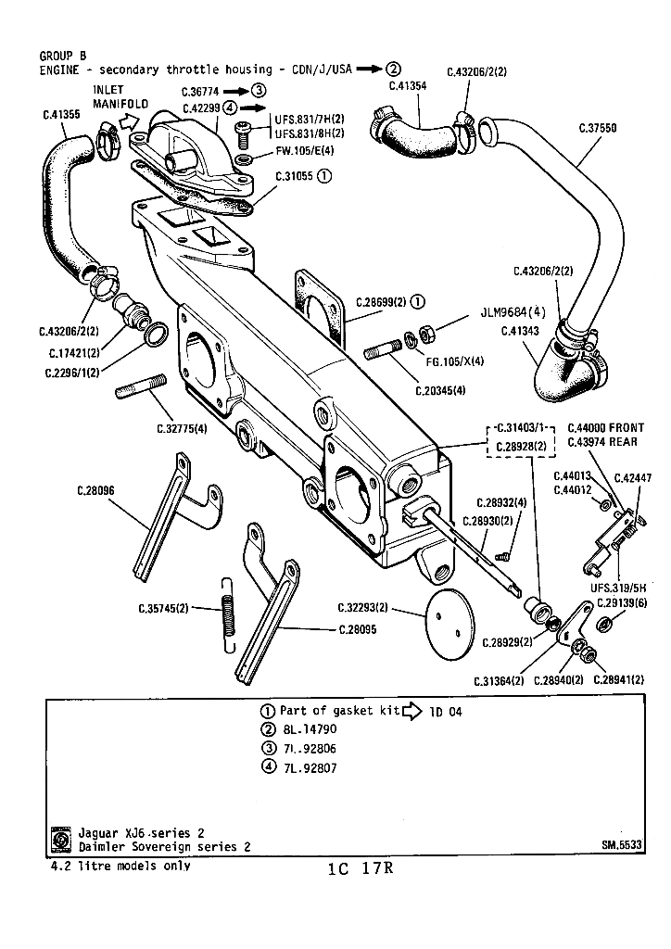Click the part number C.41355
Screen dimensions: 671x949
point(61,114)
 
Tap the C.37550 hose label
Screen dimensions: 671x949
point(598,128)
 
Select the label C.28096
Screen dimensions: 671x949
point(95,491)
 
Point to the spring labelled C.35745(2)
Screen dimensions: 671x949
point(227,614)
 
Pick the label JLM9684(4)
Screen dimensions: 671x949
point(513,312)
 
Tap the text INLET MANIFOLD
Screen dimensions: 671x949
point(120,96)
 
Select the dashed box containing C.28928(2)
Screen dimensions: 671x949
point(520,440)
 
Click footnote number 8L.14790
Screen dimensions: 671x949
point(310,729)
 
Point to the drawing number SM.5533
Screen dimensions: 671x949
point(621,844)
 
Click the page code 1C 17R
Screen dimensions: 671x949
point(361,868)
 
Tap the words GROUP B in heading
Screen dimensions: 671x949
point(63,57)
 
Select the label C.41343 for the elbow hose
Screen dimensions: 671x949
point(520,331)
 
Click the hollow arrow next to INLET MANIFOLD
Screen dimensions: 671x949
point(129,122)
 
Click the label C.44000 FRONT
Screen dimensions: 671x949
point(605,428)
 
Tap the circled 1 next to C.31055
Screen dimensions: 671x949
point(325,176)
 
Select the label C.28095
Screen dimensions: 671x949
point(357,629)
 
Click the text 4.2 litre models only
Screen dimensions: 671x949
point(121,867)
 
